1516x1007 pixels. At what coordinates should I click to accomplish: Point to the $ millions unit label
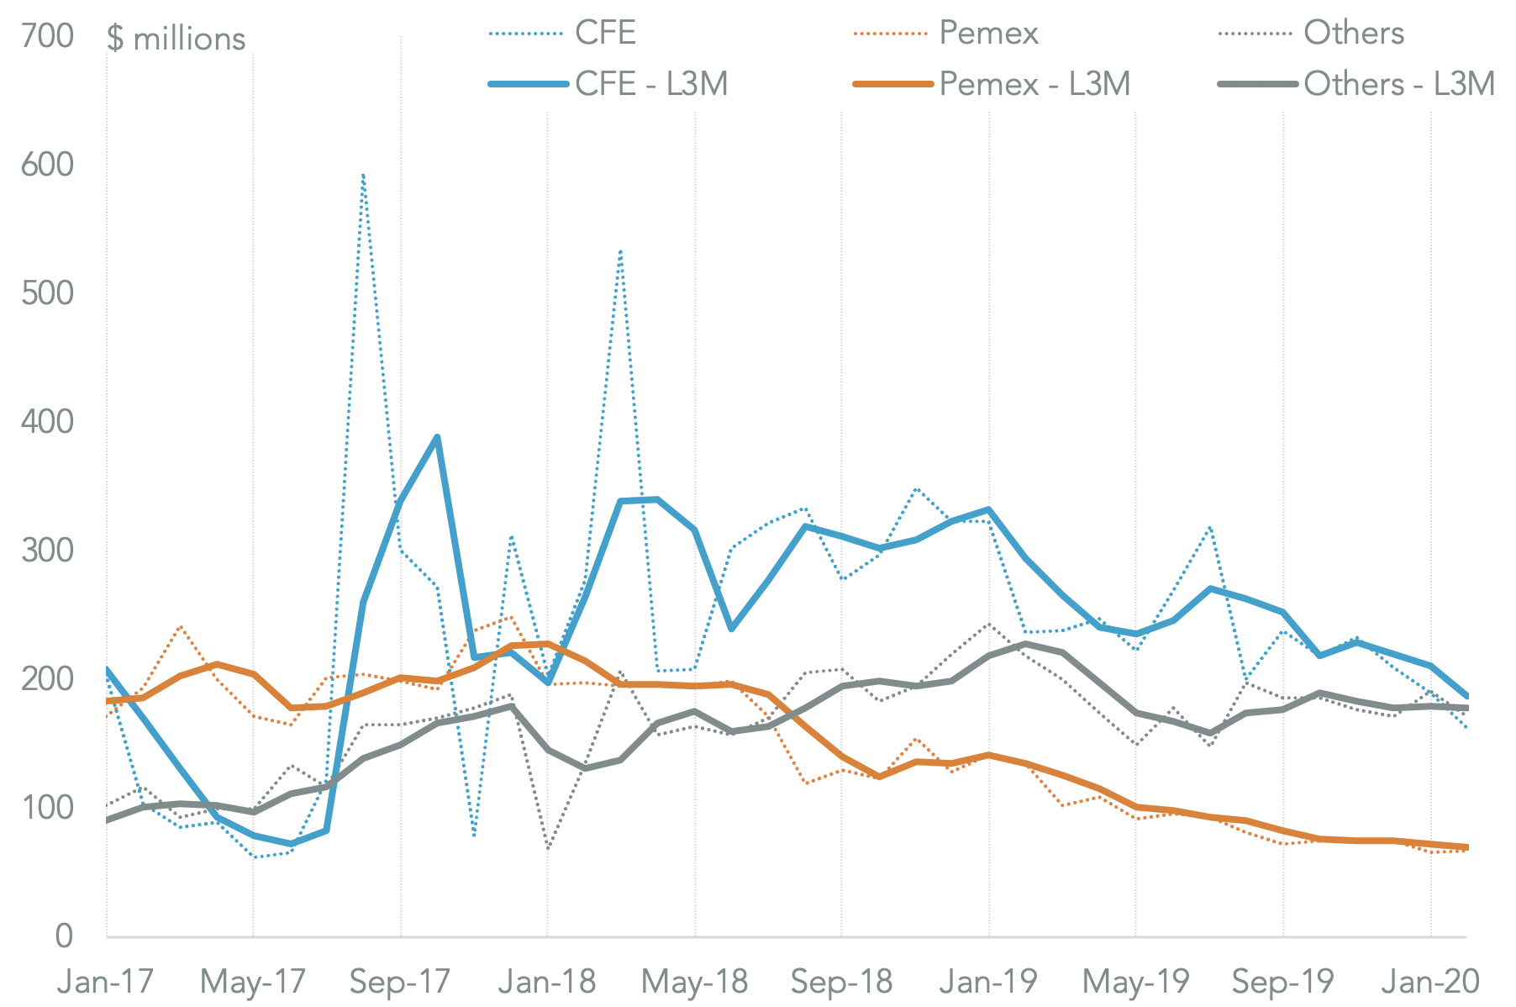click(x=176, y=39)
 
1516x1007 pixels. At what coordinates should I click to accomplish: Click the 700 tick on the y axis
click(x=48, y=37)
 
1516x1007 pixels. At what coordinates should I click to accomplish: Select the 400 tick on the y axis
click(x=48, y=422)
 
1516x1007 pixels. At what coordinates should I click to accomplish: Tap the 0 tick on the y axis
click(x=64, y=936)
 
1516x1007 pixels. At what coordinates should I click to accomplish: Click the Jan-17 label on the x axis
click(x=105, y=982)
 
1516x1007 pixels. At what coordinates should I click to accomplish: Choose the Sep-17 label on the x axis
click(x=400, y=982)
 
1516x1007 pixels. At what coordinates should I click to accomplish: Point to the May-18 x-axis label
click(x=694, y=982)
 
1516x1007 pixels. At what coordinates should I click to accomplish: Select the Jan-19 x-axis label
click(x=988, y=982)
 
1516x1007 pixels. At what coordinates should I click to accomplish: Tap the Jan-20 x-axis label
click(x=1430, y=982)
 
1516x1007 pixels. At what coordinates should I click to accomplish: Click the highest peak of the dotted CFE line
click(x=363, y=175)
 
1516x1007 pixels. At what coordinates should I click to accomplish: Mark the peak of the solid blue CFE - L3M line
click(x=437, y=436)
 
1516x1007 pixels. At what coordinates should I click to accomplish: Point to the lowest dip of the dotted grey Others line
click(x=547, y=849)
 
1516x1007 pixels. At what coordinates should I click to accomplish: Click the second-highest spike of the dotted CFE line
click(x=620, y=250)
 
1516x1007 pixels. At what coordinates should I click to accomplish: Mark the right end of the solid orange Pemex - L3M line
click(x=1466, y=847)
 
